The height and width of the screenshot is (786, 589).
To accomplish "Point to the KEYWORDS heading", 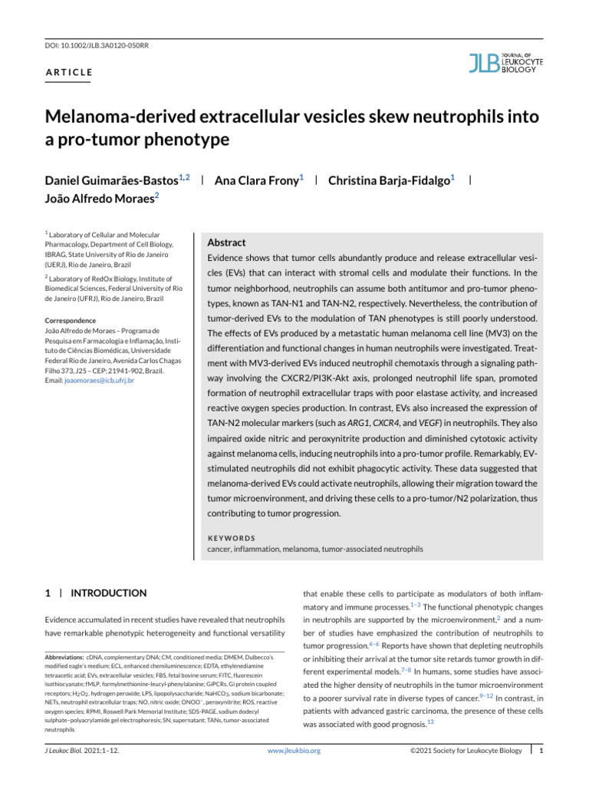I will (x=233, y=538).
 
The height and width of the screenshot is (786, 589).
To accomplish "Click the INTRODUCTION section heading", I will (x=107, y=593).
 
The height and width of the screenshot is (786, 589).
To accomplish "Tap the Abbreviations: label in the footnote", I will (x=64, y=659).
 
